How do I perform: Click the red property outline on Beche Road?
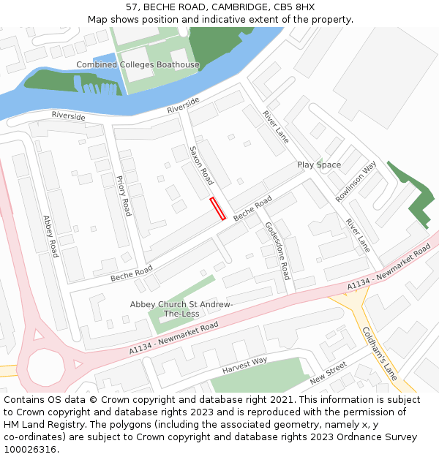tap(217, 208)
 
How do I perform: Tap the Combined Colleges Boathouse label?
tap(138, 65)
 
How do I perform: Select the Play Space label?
tap(319, 165)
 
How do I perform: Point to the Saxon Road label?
tap(201, 165)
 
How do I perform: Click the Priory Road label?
tap(124, 195)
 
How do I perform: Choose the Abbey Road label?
tap(50, 235)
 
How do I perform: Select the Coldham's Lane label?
tap(379, 353)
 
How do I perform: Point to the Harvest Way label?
tap(244, 364)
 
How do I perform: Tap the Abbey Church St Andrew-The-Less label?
tap(181, 309)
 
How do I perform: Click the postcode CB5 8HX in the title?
tap(297, 7)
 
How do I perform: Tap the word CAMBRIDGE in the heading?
tap(234, 7)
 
